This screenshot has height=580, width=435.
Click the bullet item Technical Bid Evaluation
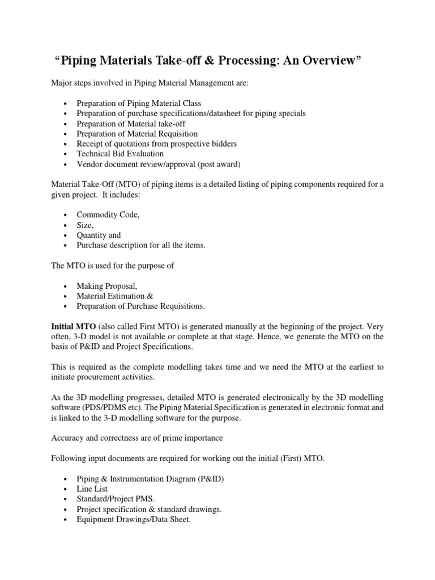(120, 153)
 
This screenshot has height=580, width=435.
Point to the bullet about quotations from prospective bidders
(157, 144)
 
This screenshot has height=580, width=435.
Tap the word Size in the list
(84, 225)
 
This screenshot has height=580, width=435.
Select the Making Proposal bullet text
(107, 286)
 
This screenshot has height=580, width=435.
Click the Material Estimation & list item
(115, 296)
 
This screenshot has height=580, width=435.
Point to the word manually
(224, 327)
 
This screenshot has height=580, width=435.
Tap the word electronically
(281, 398)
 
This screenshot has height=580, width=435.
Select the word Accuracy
(67, 438)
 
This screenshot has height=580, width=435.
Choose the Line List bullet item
(92, 488)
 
